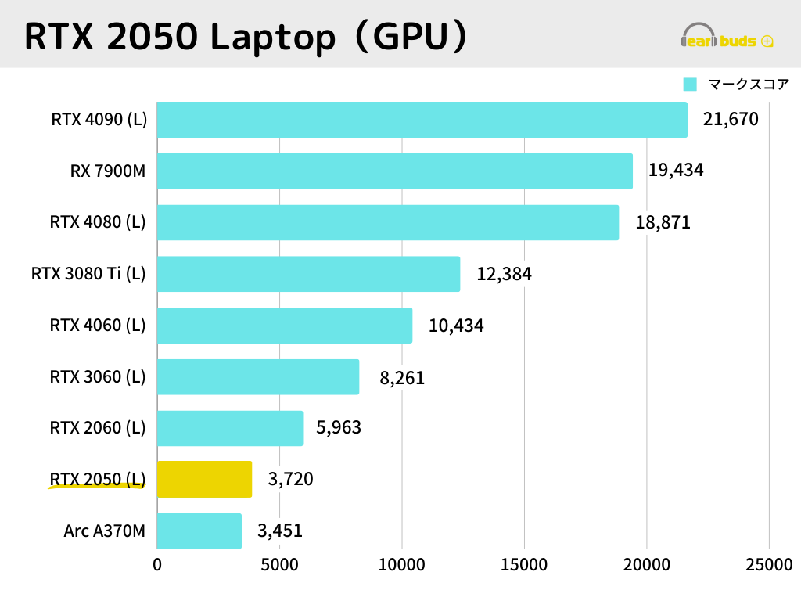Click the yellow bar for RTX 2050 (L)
(x=204, y=479)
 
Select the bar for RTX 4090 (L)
(x=422, y=120)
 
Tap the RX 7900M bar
(x=395, y=171)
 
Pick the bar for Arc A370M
(x=199, y=531)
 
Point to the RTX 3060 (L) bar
(x=258, y=377)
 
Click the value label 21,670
(x=731, y=120)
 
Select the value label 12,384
(x=504, y=274)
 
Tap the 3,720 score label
(x=290, y=479)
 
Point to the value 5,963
(x=339, y=428)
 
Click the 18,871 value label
(x=663, y=222)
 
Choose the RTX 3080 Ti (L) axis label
(x=88, y=274)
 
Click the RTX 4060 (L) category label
(x=98, y=325)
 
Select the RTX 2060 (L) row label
(x=98, y=428)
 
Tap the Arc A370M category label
(x=105, y=531)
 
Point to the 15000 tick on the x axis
(x=524, y=564)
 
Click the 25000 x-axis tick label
(x=768, y=564)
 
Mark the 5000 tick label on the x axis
(x=279, y=564)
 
